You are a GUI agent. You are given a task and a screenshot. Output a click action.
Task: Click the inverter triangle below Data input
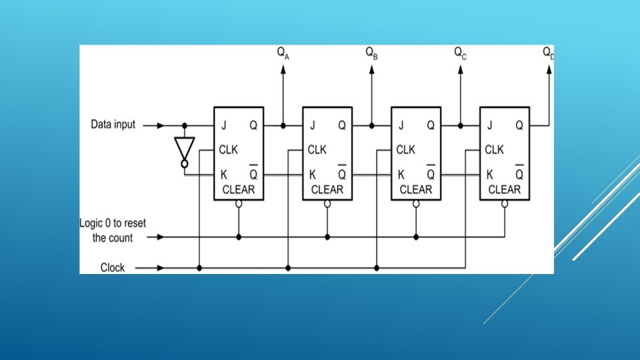click(184, 148)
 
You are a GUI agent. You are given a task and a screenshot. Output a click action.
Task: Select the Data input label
click(113, 125)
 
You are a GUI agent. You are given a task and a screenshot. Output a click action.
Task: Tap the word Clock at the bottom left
click(112, 268)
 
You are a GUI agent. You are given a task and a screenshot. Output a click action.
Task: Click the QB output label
click(372, 53)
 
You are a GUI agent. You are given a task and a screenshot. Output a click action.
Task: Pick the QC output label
click(460, 53)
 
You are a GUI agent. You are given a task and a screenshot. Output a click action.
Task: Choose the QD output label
click(548, 53)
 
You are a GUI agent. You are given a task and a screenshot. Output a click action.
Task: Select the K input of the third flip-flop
click(401, 175)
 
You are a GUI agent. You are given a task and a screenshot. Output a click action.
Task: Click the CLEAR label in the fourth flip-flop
click(504, 190)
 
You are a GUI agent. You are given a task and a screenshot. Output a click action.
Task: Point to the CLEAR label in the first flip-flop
click(238, 190)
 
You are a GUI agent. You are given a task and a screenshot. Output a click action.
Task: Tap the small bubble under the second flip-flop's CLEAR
click(327, 205)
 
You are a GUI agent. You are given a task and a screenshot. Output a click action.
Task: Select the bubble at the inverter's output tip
click(184, 165)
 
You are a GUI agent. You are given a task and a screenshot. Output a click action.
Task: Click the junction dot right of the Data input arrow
click(184, 125)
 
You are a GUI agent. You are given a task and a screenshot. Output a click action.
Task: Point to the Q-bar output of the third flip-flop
click(431, 175)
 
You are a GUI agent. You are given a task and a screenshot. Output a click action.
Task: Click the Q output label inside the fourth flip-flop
click(519, 125)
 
